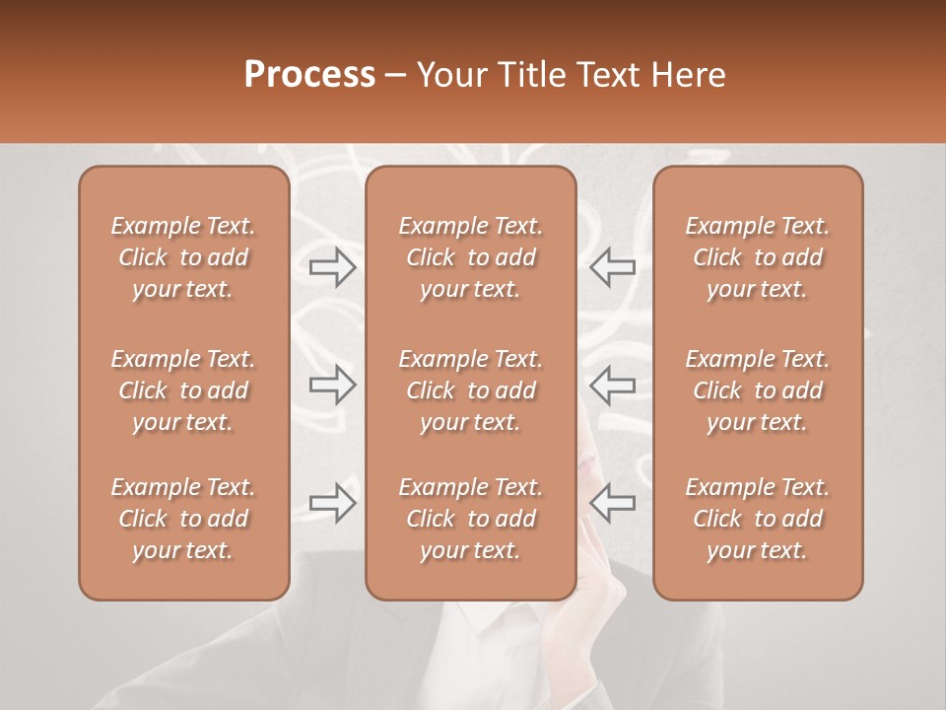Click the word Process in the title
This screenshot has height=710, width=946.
point(309,75)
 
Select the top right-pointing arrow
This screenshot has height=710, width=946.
point(333,266)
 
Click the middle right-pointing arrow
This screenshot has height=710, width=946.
point(333,385)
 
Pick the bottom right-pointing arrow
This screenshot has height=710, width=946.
point(333,503)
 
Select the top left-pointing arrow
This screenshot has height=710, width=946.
point(612,266)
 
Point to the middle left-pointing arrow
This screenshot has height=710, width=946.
point(612,385)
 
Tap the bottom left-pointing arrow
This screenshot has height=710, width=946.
point(612,503)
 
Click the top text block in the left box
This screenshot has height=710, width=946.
point(183,257)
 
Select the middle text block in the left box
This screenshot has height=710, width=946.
point(183,390)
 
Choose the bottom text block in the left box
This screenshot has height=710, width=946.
point(183,519)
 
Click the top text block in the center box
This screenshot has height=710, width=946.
point(471,257)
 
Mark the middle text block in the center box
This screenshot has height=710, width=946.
point(471,390)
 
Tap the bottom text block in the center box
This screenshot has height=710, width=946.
point(471,519)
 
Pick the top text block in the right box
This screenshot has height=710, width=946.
point(758,257)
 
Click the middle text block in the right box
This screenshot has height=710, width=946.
point(758,390)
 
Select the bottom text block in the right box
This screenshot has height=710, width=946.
point(758,519)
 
